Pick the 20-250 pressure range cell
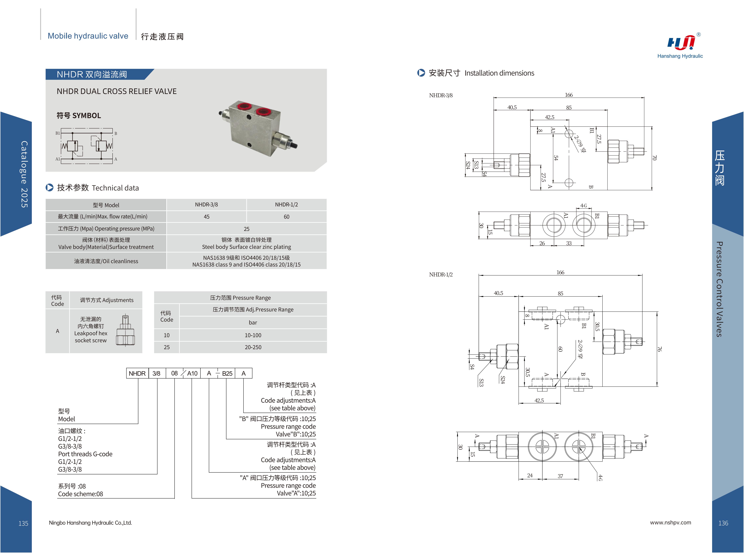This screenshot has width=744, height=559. (x=253, y=347)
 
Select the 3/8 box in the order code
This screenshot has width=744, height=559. (x=156, y=373)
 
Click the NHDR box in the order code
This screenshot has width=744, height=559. (x=137, y=373)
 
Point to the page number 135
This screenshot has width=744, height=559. (x=23, y=523)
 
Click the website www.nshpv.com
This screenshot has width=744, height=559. (x=670, y=523)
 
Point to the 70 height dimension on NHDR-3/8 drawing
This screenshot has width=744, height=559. (x=654, y=158)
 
